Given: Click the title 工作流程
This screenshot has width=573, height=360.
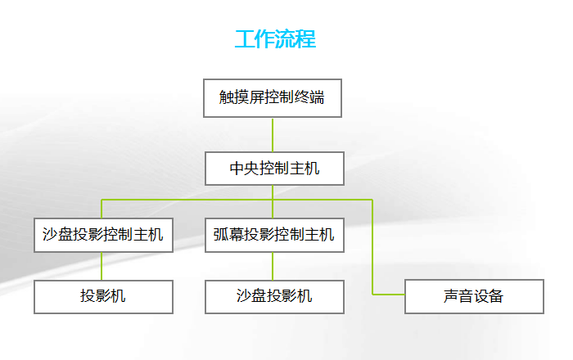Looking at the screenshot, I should pos(275,39).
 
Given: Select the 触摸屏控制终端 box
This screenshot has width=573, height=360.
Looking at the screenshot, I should pos(273,99).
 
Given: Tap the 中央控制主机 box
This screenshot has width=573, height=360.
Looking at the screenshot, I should pos(274,169).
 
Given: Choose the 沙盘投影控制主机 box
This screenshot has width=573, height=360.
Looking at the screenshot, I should pos(103,235).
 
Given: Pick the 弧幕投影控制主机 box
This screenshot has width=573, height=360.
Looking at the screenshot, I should pos(274,235).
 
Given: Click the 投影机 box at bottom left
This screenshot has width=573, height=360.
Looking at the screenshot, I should pos(103,296).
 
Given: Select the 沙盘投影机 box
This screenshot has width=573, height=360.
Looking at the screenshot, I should pos(274,296).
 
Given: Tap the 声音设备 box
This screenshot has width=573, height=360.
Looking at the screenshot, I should pos(474,296).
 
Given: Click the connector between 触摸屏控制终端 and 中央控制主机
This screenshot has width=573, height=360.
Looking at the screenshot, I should pos(273,135).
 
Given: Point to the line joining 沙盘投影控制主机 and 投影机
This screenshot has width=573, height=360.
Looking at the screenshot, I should pos(102,266).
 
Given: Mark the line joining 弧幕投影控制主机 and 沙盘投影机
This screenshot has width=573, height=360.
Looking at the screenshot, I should pos(273,266).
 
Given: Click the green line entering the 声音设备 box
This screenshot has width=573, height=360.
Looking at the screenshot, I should pos(390,294).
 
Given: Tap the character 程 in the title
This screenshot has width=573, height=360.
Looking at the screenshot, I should pos(306,39).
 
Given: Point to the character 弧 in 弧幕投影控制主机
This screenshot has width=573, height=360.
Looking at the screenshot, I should pos(221,235).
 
